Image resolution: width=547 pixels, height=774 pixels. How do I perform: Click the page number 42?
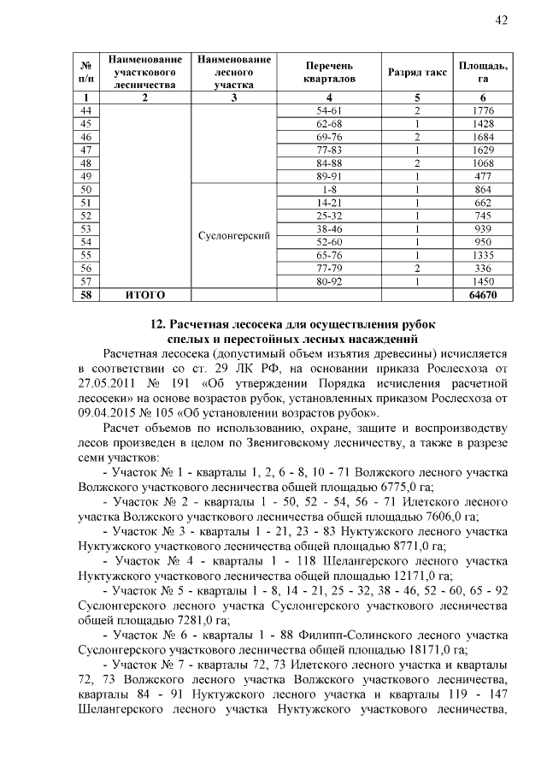point(503,21)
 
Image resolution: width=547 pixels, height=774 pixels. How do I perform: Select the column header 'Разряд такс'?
point(417,73)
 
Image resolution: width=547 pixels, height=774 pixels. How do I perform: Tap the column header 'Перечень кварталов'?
point(329,73)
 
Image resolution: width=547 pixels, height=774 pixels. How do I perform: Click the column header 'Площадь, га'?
point(484,73)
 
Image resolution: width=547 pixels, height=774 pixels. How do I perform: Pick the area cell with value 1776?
point(484,111)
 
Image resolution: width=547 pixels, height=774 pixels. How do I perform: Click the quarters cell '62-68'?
point(329,124)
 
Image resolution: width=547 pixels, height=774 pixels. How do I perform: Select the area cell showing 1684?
point(484,137)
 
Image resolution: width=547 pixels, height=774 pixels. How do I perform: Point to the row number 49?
point(85,175)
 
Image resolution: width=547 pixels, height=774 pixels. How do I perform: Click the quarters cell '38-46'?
point(329,229)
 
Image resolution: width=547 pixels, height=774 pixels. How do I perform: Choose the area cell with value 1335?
point(484,255)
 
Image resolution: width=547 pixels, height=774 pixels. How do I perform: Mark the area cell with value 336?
point(484,268)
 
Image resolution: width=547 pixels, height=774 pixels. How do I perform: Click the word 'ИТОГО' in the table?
point(144,294)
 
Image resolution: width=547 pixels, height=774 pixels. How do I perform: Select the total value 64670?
point(484,294)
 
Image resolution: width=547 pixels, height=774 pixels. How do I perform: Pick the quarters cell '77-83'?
point(329,150)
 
